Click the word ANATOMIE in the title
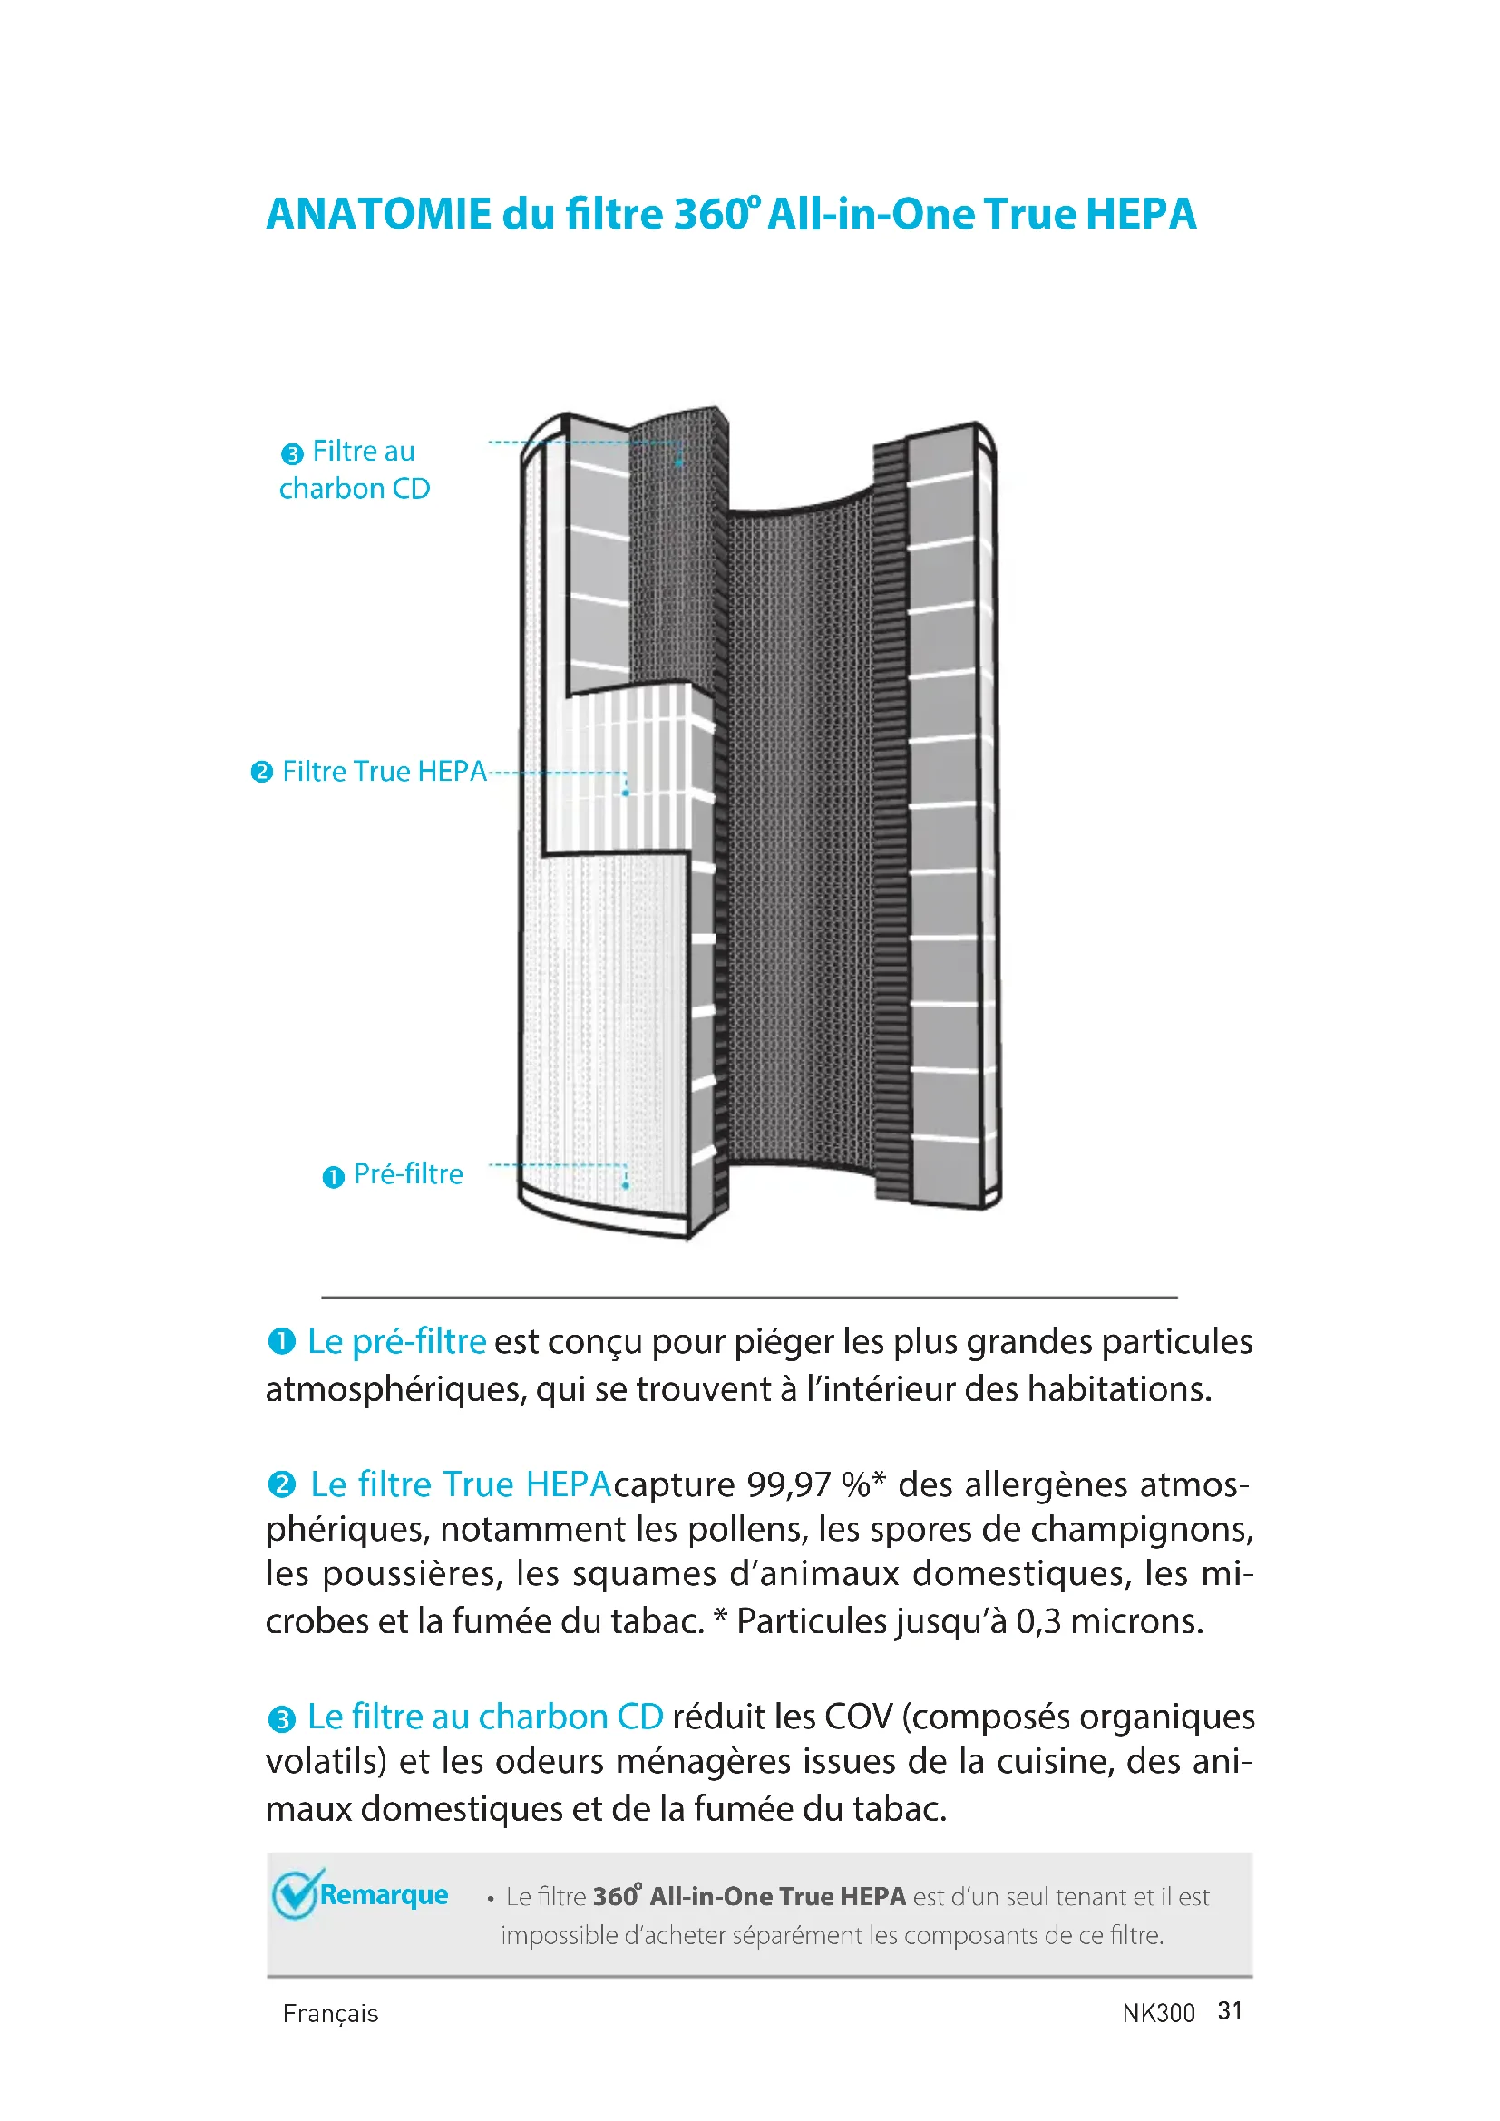[x=379, y=214]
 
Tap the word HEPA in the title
[x=1141, y=214]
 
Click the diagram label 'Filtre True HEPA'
[x=384, y=772]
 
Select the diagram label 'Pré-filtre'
[x=408, y=1174]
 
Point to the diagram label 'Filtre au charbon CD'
[x=356, y=471]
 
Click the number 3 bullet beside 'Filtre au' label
[x=292, y=453]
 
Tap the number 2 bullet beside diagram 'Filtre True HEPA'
[x=262, y=773]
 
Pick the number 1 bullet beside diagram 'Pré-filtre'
[x=334, y=1177]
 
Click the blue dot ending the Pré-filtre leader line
[x=626, y=1185]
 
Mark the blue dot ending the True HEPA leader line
[x=626, y=793]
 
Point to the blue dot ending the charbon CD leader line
[x=679, y=462]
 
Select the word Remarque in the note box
[x=384, y=1894]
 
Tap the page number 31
[x=1231, y=2011]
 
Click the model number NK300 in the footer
[x=1158, y=2013]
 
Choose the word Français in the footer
[x=331, y=2014]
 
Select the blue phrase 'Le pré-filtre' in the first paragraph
[x=396, y=1341]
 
